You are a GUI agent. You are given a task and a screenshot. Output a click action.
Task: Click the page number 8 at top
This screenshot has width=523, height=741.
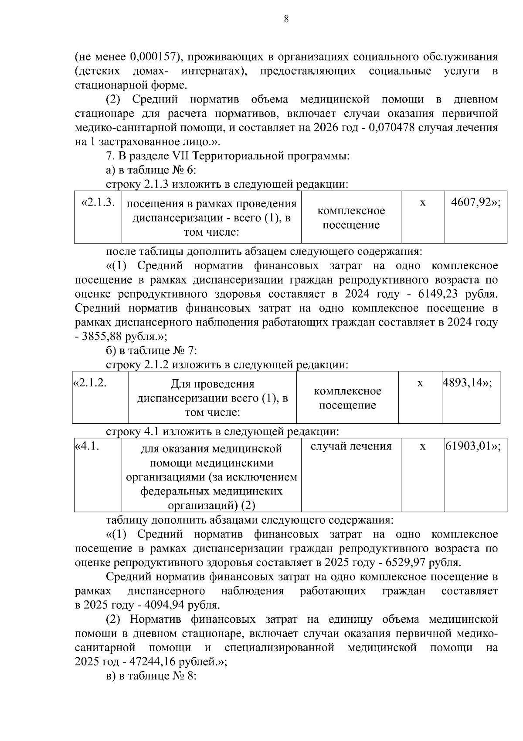pyautogui.click(x=286, y=19)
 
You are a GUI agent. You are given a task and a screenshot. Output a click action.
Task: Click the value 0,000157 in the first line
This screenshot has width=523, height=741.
pyautogui.click(x=153, y=57)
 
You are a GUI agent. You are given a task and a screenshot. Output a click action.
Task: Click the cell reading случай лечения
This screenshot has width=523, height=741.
pyautogui.click(x=351, y=446)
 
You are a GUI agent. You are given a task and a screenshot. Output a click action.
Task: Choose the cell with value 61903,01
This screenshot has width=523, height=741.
pyautogui.click(x=472, y=446)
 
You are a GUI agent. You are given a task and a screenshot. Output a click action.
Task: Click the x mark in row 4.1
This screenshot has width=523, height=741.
pyautogui.click(x=422, y=447)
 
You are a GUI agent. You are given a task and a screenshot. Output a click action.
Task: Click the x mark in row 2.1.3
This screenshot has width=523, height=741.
pyautogui.click(x=422, y=203)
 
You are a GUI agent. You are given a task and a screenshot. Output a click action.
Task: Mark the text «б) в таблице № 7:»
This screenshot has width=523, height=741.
pyautogui.click(x=152, y=351)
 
